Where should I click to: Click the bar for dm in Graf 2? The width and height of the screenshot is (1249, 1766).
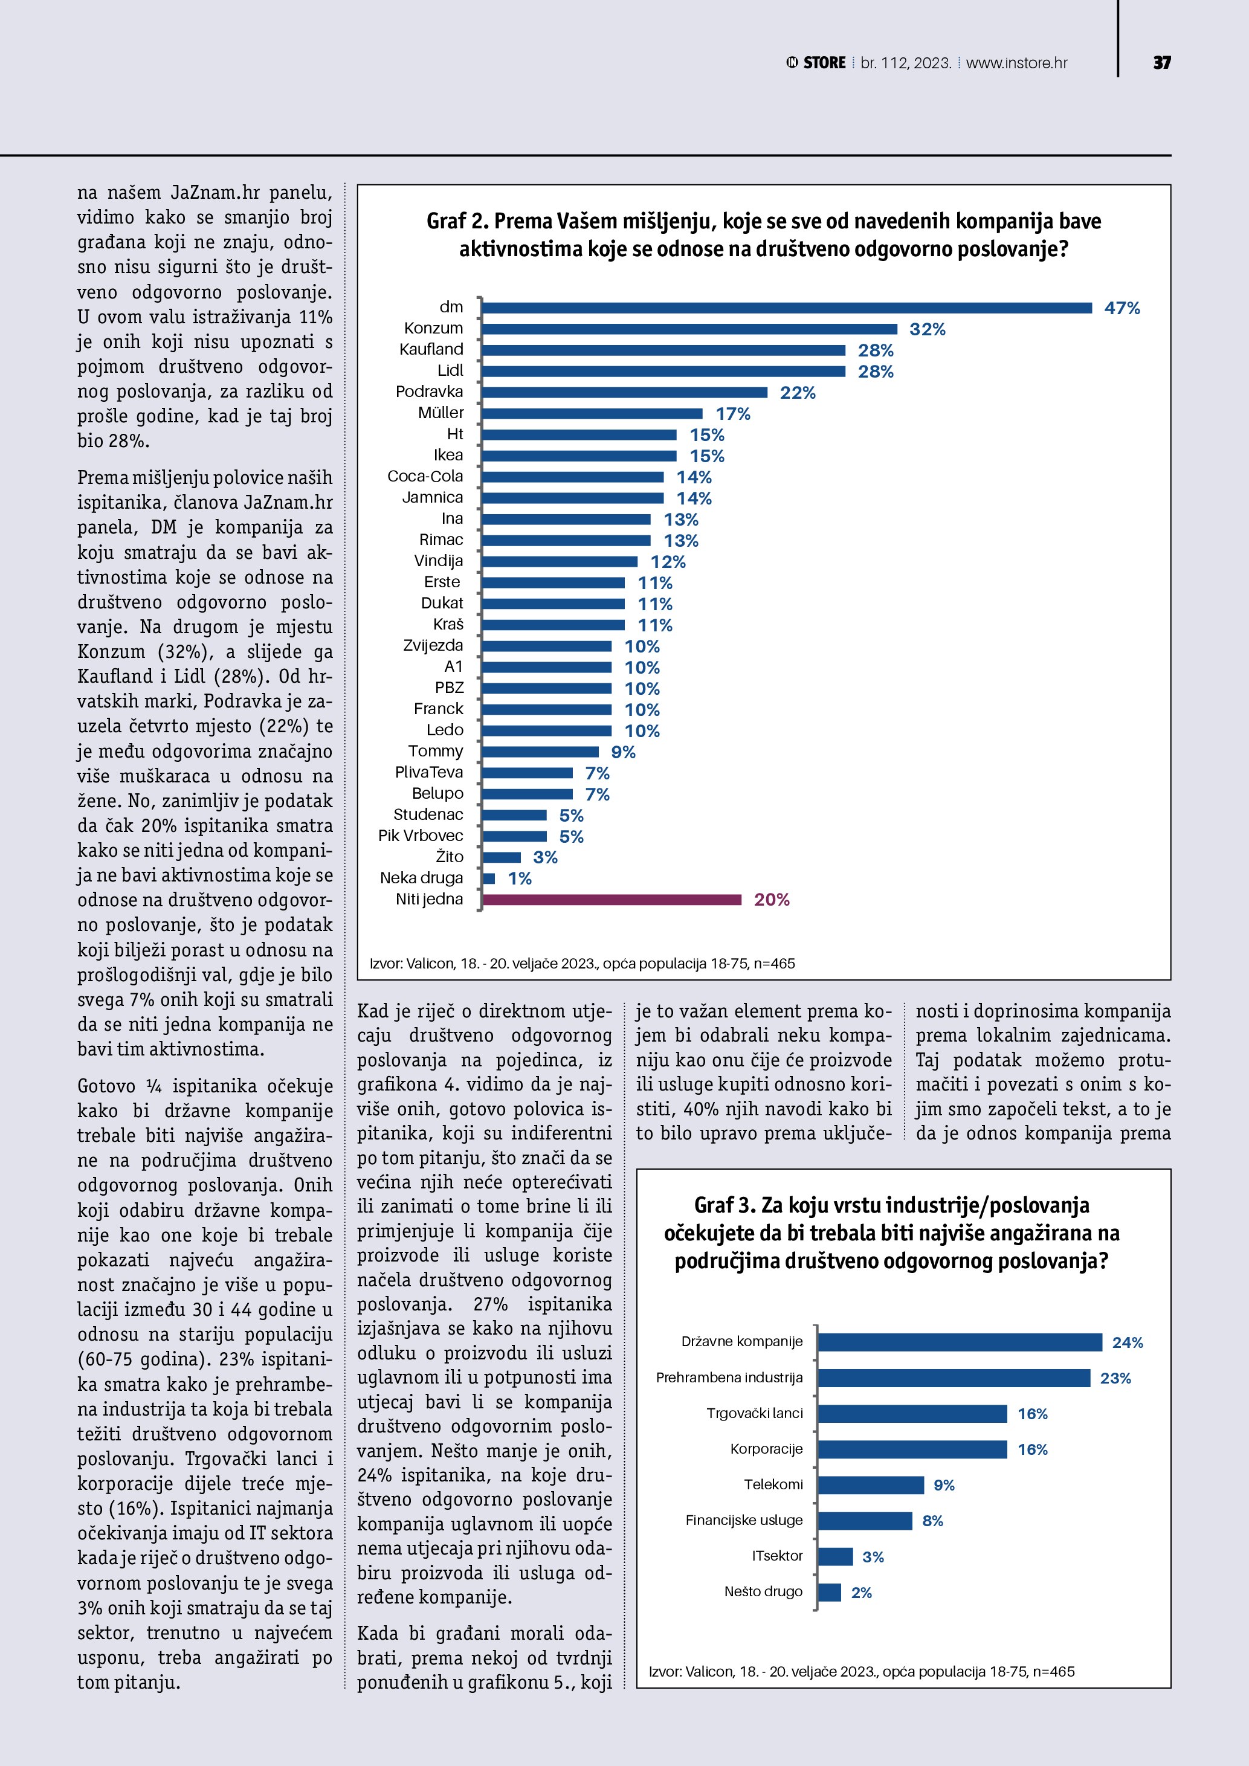[786, 308]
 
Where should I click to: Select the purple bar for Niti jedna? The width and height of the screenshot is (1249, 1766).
[612, 899]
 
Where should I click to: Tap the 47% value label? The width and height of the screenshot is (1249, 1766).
[1122, 308]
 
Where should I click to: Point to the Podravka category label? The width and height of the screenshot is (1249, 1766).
[429, 392]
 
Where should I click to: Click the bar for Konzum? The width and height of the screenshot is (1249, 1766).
[689, 329]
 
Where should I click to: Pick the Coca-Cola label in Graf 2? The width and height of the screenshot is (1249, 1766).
[425, 476]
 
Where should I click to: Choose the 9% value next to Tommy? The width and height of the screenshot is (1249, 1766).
[623, 752]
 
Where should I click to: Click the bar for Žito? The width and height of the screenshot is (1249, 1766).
[502, 857]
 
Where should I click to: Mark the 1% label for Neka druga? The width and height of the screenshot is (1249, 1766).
[520, 878]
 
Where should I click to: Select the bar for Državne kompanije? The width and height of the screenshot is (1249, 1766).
[959, 1342]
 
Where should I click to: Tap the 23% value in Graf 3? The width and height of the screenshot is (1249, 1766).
[1115, 1378]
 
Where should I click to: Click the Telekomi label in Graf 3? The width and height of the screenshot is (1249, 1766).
[773, 1484]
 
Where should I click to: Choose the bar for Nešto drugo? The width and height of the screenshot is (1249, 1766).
[829, 1592]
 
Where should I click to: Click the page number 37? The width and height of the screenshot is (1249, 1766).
[1161, 63]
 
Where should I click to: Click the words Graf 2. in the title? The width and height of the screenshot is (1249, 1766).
[457, 222]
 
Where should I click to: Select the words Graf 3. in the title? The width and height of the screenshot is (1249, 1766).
[725, 1205]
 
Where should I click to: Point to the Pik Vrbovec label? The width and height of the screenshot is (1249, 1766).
[421, 836]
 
